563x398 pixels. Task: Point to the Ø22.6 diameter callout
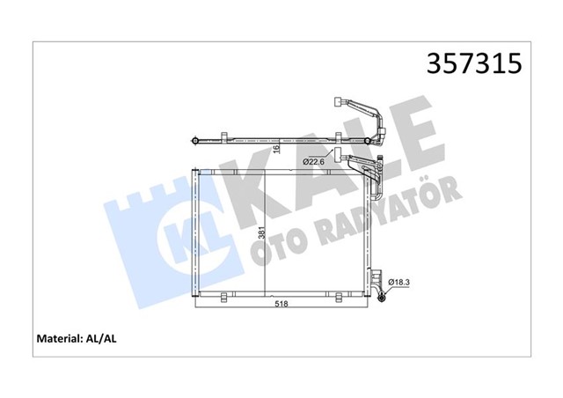[318, 161]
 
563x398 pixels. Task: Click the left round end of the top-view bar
[194, 138]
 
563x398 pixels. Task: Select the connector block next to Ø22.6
[337, 153]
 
